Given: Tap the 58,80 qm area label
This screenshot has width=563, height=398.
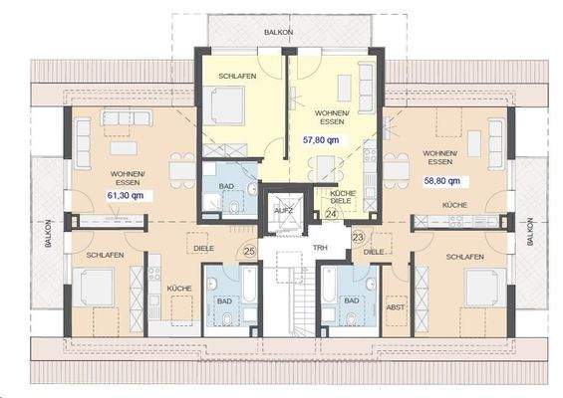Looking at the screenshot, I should tap(439, 182).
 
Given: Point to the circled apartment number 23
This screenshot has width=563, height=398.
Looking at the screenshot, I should tap(358, 238).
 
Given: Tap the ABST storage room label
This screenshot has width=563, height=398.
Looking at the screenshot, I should tap(395, 308).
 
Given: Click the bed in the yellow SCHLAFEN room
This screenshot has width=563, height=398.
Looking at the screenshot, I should tap(228, 106).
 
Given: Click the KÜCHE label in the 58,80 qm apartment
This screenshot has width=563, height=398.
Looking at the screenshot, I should tap(441, 205).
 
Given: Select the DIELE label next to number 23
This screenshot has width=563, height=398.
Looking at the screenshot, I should tap(373, 253).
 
